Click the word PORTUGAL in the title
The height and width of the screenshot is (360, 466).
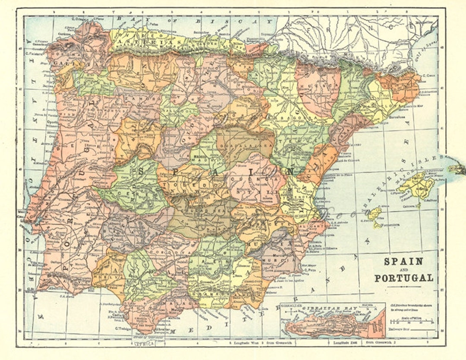(x=403, y=278)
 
